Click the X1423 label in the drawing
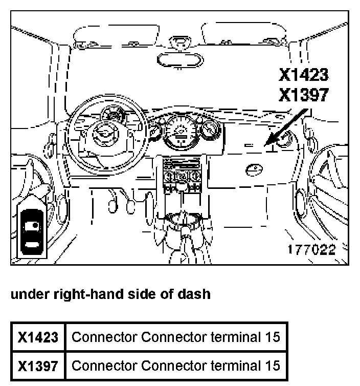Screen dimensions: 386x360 tap(303, 75)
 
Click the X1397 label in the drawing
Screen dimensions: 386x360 tap(303, 95)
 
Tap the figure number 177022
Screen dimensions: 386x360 tap(311, 250)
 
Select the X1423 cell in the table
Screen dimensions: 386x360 tap(38, 337)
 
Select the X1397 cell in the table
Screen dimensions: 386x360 tap(38, 366)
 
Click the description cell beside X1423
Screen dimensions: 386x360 tap(176, 337)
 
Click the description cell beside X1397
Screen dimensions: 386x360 tap(176, 366)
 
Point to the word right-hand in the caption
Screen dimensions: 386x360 tap(77, 294)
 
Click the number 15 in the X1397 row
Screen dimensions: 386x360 tap(272, 366)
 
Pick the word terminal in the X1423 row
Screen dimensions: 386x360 tap(236, 337)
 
